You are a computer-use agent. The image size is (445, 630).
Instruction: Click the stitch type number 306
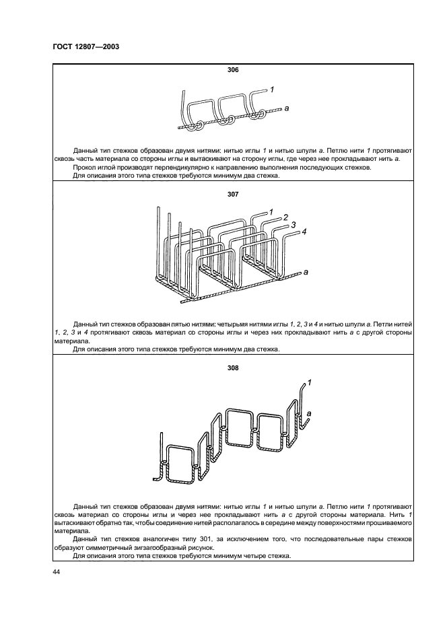pos(233,70)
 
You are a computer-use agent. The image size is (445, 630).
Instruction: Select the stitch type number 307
pos(233,195)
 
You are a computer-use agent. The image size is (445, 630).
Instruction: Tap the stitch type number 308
pos(233,368)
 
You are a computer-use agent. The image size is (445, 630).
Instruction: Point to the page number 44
pos(56,572)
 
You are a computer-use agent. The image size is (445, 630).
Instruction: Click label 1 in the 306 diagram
pos(271,88)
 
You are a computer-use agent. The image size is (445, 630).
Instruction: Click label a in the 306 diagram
pos(287,108)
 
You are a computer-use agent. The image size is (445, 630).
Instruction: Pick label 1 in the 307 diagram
pos(271,212)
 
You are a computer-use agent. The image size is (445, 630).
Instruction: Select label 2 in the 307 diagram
pos(285,217)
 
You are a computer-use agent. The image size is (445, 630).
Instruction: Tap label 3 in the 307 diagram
pos(294,225)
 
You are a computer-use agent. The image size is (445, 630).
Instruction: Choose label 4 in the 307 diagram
pos(304,232)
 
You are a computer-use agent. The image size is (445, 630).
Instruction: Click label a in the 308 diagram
pos(308,413)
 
